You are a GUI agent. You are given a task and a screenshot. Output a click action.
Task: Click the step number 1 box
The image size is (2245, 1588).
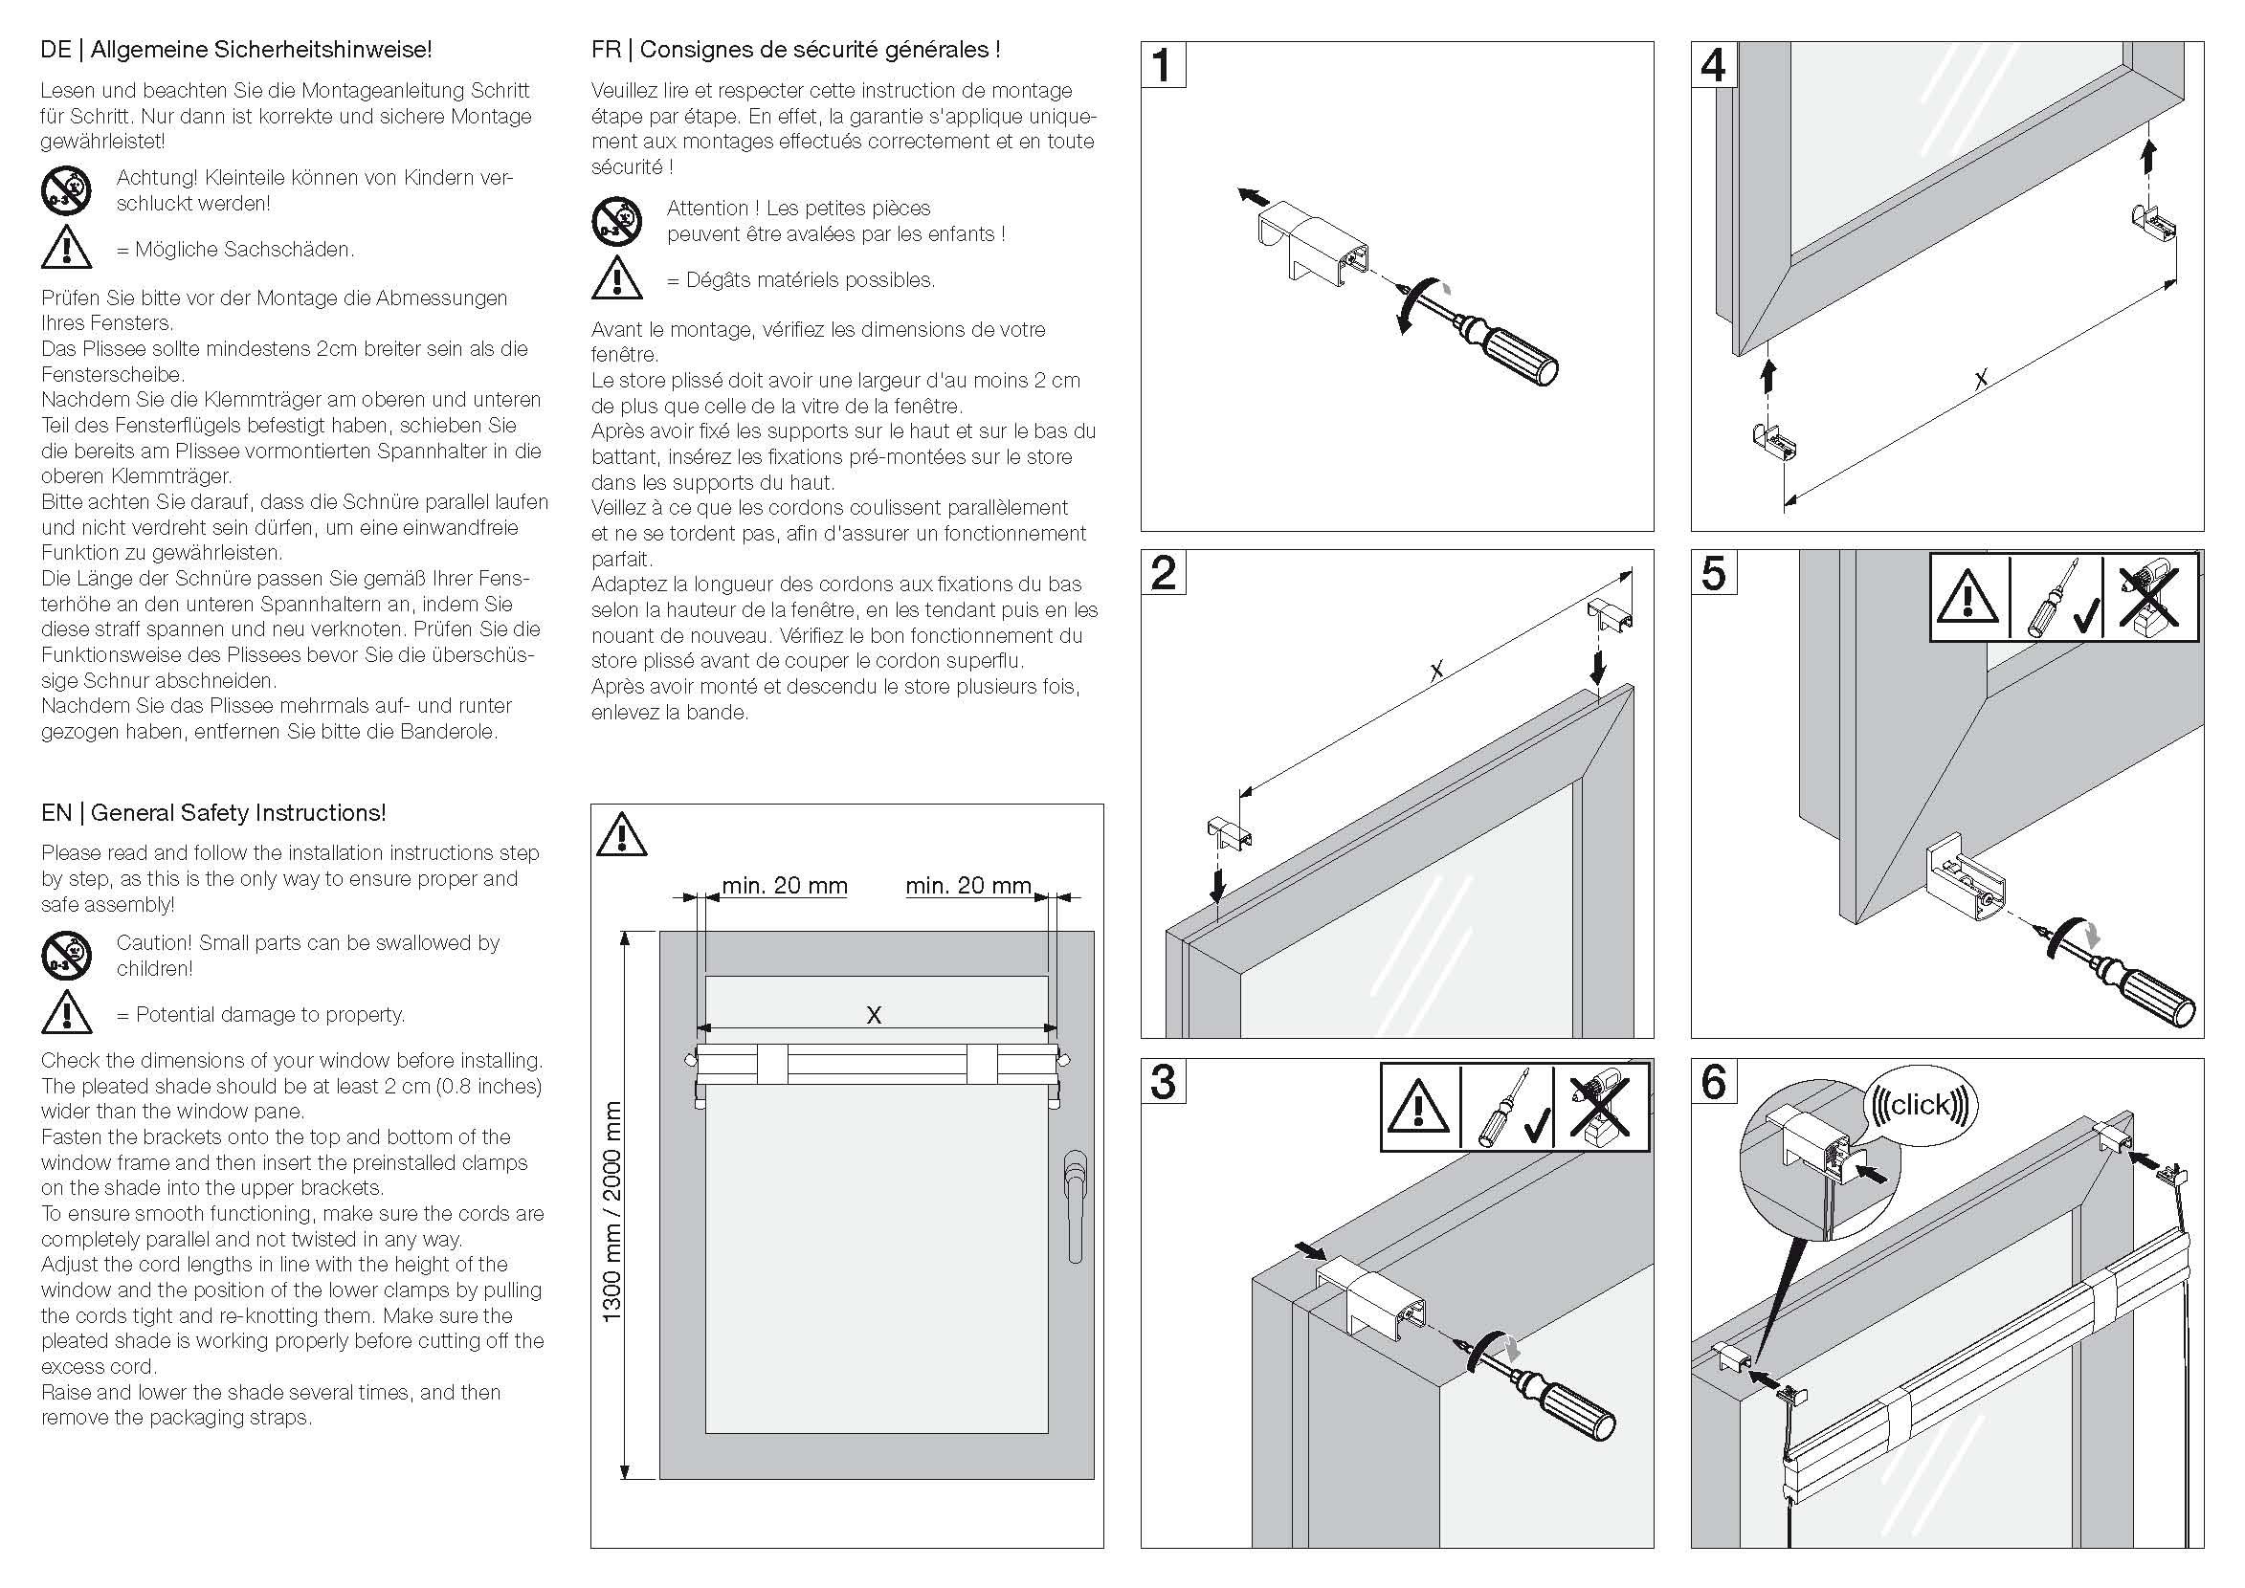1163,65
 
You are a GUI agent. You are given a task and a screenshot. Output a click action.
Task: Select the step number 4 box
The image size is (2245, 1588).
1714,65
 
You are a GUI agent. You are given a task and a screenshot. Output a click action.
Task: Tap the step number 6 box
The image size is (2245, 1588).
1714,1083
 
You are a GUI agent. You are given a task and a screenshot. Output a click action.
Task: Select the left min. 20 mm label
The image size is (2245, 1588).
785,886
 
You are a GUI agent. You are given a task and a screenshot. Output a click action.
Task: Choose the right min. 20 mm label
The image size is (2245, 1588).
968,886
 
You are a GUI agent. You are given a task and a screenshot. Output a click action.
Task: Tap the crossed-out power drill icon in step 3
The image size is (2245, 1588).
1600,1108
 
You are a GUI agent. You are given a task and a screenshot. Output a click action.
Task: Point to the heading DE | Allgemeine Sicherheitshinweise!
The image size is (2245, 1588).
236,49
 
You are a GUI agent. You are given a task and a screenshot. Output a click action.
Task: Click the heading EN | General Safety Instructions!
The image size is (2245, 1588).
213,812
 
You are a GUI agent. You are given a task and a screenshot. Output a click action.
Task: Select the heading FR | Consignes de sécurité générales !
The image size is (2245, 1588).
795,50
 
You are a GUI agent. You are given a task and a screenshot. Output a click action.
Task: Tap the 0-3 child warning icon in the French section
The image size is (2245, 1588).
616,222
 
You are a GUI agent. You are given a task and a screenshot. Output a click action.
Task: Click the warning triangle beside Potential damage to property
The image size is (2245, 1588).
67,1013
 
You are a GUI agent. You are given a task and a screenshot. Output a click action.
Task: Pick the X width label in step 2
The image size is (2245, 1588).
1436,671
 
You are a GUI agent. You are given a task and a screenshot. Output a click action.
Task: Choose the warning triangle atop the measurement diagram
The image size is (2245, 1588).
622,835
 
